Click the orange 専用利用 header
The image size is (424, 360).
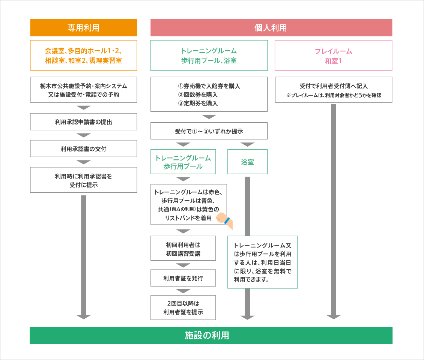(x=83, y=28)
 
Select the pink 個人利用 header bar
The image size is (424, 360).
(x=271, y=28)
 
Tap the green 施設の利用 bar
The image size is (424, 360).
(x=211, y=335)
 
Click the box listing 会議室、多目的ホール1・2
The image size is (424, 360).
(x=83, y=55)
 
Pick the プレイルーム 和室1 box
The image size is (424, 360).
(x=333, y=55)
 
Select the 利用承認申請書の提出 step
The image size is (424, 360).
(x=83, y=121)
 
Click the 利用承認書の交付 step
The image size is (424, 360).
(x=83, y=148)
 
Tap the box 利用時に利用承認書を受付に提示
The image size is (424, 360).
(x=83, y=180)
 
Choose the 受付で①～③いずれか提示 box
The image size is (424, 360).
(x=209, y=131)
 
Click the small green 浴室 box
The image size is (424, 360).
(x=247, y=162)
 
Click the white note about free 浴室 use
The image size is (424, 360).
(x=262, y=262)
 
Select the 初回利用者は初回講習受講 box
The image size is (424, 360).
(x=183, y=248)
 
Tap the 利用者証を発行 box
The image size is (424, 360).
(x=183, y=278)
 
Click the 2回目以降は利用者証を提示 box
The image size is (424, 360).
(x=183, y=307)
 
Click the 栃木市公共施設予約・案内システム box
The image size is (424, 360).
(x=83, y=90)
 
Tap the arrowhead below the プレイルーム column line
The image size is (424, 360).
(x=333, y=317)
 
